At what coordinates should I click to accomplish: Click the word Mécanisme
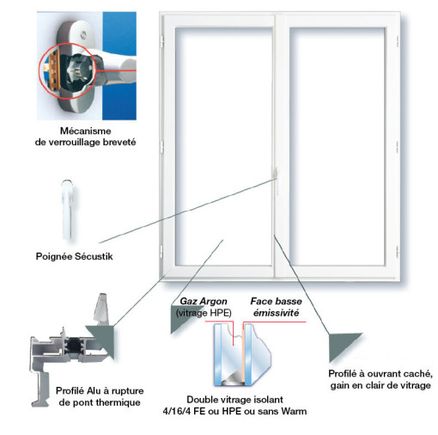click(x=86, y=131)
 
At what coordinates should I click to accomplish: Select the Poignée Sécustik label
click(x=75, y=256)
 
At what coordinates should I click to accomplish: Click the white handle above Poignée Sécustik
click(x=68, y=210)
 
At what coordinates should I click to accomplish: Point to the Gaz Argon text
click(x=204, y=301)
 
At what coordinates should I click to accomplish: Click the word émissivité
click(x=276, y=313)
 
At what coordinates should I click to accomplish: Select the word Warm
click(x=294, y=411)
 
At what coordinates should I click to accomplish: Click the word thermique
click(x=118, y=402)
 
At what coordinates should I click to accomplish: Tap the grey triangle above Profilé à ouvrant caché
click(x=344, y=346)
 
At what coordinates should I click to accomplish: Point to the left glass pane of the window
click(x=223, y=146)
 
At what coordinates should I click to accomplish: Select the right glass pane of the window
click(x=337, y=146)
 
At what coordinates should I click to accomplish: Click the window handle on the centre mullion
click(x=276, y=175)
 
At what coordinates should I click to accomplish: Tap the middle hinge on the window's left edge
click(x=161, y=146)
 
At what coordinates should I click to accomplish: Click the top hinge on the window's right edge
click(x=398, y=41)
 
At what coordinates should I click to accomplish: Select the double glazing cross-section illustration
click(x=242, y=355)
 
